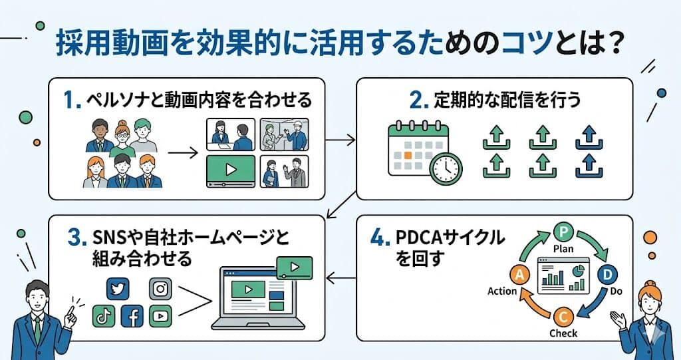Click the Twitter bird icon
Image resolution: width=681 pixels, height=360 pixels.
point(118,289)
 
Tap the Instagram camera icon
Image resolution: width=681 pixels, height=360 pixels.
point(160,289)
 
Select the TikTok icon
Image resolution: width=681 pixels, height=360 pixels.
point(104,316)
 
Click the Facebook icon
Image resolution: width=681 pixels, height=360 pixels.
point(132,316)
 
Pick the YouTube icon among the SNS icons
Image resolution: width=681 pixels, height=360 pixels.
point(160,316)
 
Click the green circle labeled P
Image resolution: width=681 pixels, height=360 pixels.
point(563,232)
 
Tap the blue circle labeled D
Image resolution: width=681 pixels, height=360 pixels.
point(608,274)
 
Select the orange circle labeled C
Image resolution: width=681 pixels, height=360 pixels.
point(563,317)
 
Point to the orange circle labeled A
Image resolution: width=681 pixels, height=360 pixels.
point(519,274)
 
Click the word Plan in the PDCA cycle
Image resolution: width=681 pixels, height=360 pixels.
point(563,249)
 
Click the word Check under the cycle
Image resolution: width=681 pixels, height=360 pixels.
point(563,333)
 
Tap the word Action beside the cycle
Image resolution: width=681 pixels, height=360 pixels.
point(502,291)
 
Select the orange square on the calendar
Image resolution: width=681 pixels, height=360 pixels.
point(408,155)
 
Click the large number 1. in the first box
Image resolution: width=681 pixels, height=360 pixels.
point(72,100)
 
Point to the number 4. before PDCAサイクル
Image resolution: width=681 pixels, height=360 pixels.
point(380,238)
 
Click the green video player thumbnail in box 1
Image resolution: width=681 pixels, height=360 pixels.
point(231,170)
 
